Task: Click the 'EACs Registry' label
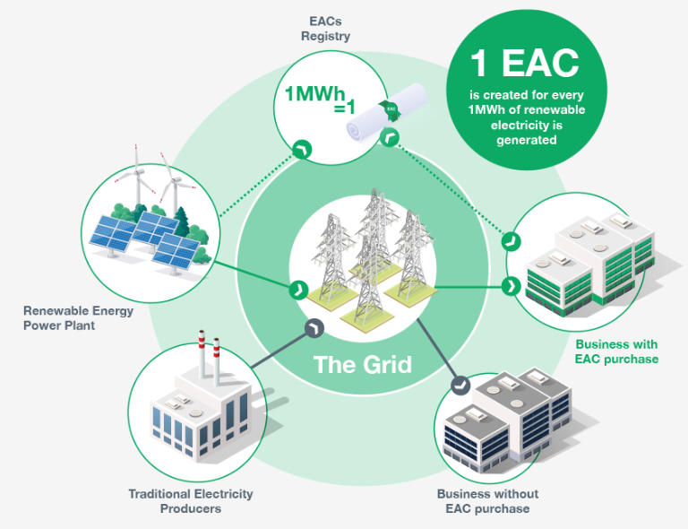coord(324,30)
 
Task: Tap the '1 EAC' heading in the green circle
coord(525,63)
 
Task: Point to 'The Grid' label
coord(362,365)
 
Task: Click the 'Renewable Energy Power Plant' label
coord(78,318)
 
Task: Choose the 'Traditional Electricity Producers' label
coord(190,501)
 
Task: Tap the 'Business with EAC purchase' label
coord(616,351)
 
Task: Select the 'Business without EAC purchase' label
coord(487,501)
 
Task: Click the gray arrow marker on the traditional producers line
coord(314,329)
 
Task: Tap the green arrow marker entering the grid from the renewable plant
coord(296,290)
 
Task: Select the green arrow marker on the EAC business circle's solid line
coord(512,287)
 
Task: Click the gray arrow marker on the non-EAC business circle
coord(460,385)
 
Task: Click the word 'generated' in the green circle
coord(526,141)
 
